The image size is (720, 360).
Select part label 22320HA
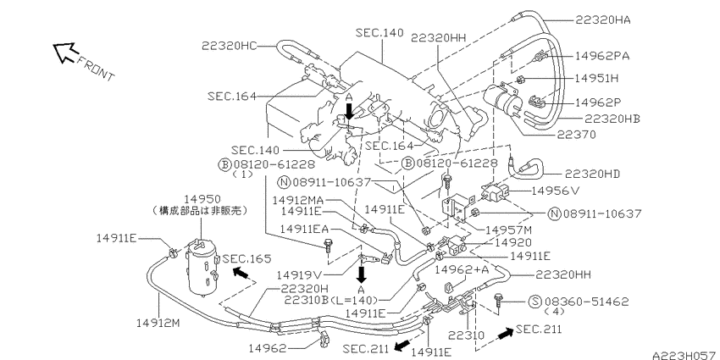pyautogui.click(x=602, y=20)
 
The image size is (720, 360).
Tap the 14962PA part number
pyautogui.click(x=602, y=56)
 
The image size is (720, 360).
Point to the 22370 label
pyautogui.click(x=577, y=135)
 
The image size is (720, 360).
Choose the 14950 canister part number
pyautogui.click(x=202, y=199)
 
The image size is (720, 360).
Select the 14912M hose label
pyautogui.click(x=158, y=324)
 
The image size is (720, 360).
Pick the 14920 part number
pyautogui.click(x=513, y=242)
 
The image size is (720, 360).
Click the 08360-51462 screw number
pyautogui.click(x=587, y=302)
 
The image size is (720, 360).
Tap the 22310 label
pyautogui.click(x=467, y=335)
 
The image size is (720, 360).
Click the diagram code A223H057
pyautogui.click(x=686, y=355)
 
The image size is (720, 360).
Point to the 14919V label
pyautogui.click(x=299, y=274)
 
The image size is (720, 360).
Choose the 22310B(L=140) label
pyautogui.click(x=331, y=301)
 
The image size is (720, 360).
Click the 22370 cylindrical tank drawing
pyautogui.click(x=501, y=97)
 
